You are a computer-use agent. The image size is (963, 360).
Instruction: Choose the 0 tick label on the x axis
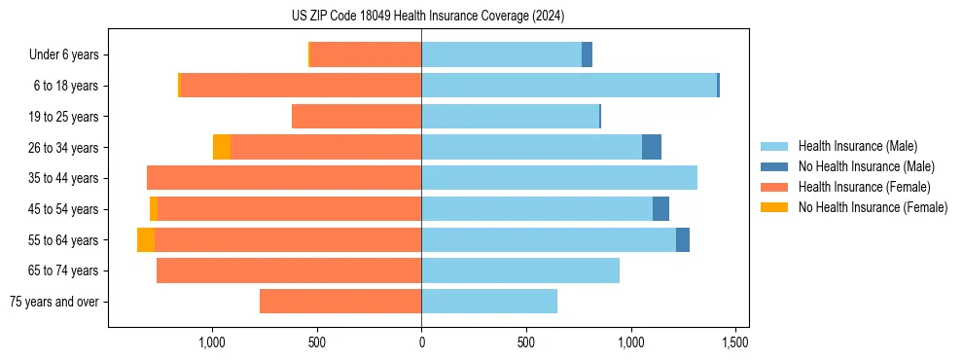[x=421, y=342]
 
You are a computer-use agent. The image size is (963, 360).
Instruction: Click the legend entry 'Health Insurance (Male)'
[x=857, y=146]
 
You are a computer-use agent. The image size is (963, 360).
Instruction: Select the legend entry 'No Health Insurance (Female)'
[x=873, y=207]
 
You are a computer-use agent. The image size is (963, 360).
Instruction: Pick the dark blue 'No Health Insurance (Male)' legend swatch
[x=774, y=166]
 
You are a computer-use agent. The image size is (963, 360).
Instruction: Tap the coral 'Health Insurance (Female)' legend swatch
[x=774, y=187]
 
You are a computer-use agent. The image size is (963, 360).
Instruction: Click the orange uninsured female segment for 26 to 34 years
[x=222, y=147]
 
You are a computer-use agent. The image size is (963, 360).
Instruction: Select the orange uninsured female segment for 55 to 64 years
[x=146, y=239]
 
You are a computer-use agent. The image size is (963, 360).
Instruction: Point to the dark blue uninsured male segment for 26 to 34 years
[x=652, y=147]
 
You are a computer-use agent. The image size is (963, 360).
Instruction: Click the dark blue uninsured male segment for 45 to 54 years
[x=660, y=208]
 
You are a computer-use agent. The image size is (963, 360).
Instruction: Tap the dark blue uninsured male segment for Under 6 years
[x=587, y=54]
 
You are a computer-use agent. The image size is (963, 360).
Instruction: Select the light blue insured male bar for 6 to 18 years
[x=569, y=86]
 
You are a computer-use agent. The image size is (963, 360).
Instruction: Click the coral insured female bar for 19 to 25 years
[x=356, y=117]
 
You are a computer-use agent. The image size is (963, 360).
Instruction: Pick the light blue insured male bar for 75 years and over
[x=489, y=302]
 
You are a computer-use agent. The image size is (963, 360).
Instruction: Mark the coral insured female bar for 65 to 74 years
[x=289, y=270]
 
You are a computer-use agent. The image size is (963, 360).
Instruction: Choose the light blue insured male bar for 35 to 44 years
[x=559, y=178]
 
